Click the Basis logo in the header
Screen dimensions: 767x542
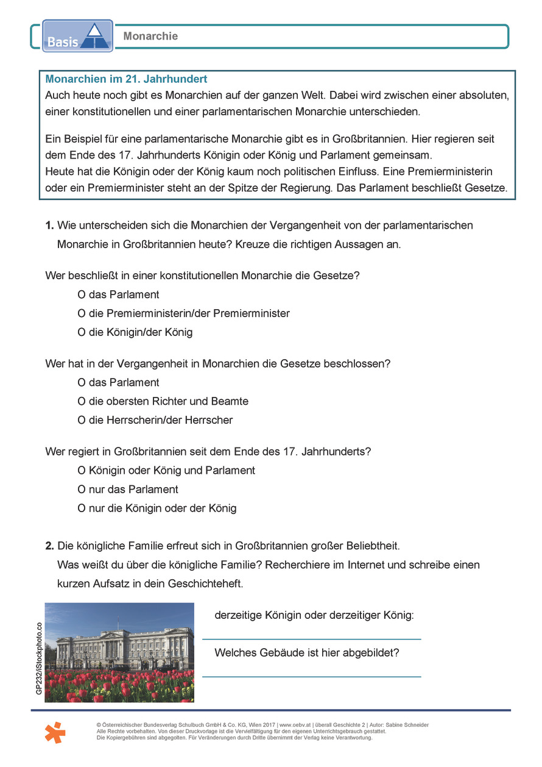click(77, 35)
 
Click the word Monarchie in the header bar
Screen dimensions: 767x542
click(150, 36)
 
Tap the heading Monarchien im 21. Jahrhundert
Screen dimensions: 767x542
click(126, 79)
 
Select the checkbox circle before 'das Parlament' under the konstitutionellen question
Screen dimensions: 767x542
click(82, 295)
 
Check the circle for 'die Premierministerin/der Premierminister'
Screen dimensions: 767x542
click(82, 314)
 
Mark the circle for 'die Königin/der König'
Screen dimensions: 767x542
click(82, 333)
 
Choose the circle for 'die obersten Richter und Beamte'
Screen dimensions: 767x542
click(82, 402)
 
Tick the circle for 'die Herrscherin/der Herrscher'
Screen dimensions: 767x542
click(82, 421)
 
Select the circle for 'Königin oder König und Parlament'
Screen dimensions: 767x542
click(82, 471)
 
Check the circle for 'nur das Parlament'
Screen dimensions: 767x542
click(82, 490)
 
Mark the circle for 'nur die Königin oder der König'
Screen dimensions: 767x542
click(82, 508)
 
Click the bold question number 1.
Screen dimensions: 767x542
click(49, 226)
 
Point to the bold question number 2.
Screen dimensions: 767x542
click(49, 546)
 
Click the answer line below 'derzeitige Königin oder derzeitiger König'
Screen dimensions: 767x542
click(311, 638)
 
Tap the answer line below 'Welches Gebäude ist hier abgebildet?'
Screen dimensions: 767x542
click(311, 676)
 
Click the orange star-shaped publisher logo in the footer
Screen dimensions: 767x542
click(55, 732)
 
